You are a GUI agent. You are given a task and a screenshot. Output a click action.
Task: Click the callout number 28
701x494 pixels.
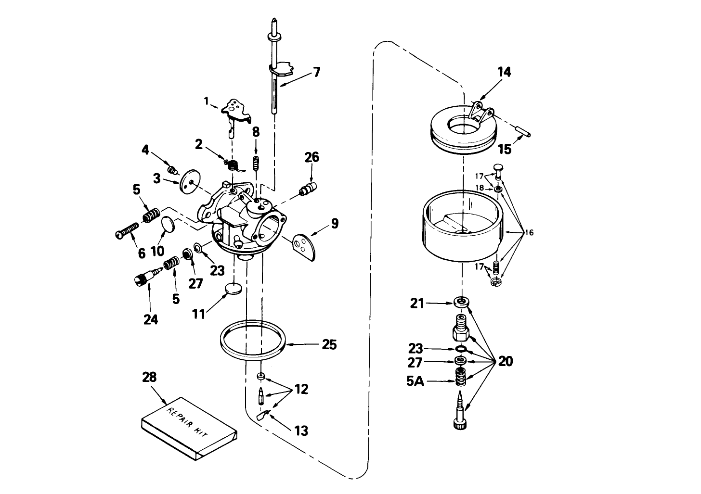[150, 377]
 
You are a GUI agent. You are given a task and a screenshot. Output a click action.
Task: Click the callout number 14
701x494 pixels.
[504, 72]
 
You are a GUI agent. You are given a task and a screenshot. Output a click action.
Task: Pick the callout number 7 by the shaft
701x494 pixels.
[316, 72]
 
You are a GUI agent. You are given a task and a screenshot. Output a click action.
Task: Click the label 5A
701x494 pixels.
[415, 381]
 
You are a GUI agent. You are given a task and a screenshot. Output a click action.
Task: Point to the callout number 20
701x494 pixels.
[506, 361]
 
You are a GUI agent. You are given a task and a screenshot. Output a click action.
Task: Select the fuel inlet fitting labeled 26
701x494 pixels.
[308, 188]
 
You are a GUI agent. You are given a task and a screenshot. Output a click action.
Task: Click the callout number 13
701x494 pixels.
[301, 430]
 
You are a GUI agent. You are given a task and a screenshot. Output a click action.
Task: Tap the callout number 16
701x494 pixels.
[529, 233]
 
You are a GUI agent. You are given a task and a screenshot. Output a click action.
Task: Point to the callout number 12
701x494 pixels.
[301, 389]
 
